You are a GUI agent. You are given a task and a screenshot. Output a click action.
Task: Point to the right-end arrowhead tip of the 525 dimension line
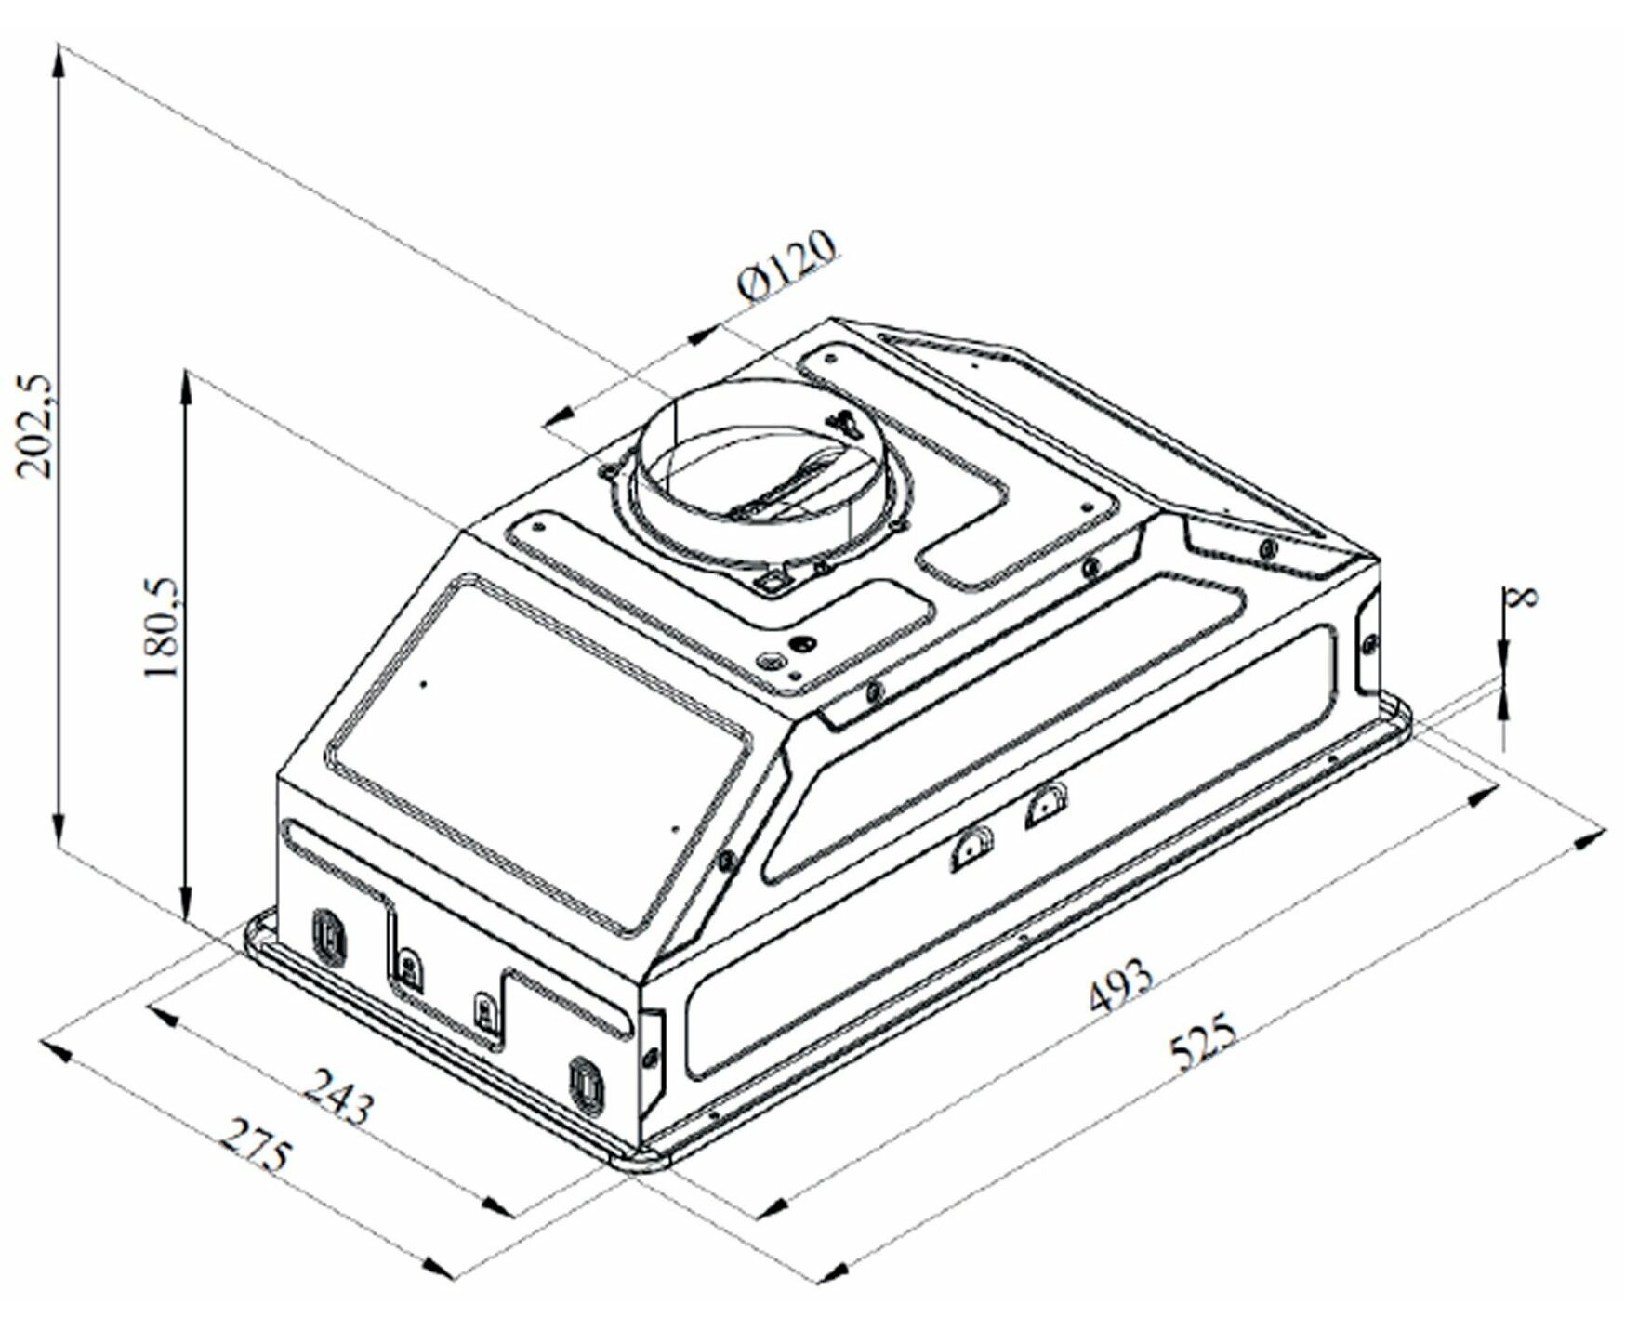1606,832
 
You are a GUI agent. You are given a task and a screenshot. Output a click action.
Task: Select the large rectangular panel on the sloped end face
539,753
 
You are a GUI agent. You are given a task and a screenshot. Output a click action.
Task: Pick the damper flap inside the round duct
790,488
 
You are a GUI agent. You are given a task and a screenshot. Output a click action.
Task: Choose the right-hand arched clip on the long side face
1045,805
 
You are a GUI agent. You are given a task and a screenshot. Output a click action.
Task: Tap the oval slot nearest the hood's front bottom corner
587,1085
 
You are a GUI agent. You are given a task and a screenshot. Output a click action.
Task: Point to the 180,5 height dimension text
162,628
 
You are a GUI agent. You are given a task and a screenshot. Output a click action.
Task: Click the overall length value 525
1203,1043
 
